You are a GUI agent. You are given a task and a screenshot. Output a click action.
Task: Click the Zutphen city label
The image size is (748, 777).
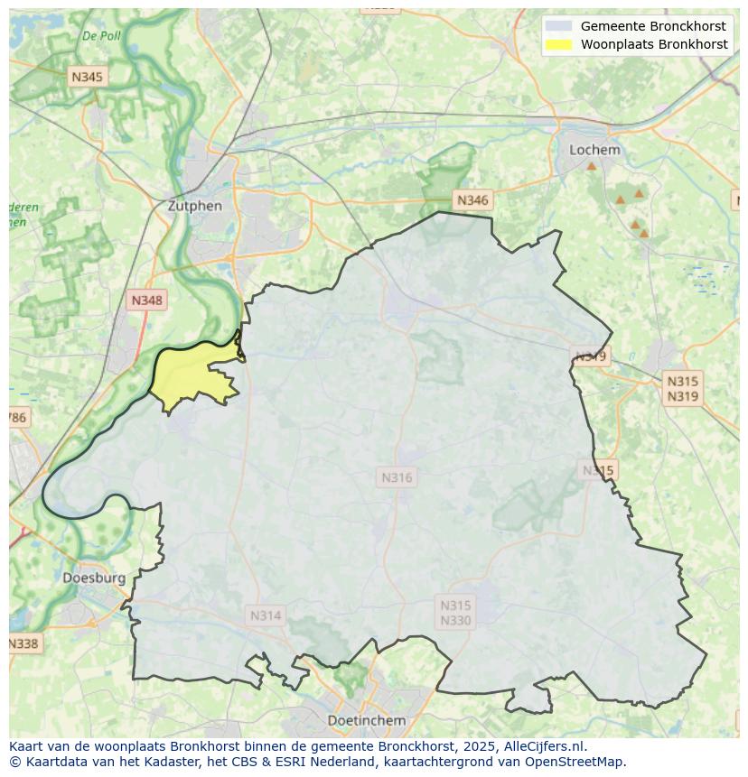coord(194,206)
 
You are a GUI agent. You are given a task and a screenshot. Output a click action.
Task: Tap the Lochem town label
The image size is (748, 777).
coord(594,150)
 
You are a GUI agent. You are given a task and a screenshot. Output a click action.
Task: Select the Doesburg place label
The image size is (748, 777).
coord(94,578)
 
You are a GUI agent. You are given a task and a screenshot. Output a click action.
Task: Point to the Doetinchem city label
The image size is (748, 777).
coord(366,720)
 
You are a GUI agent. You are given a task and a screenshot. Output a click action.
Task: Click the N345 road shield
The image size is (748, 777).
coord(87,77)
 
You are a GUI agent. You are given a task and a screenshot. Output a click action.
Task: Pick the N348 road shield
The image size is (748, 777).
coord(147,301)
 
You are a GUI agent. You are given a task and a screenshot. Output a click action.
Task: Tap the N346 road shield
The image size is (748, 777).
coord(472,200)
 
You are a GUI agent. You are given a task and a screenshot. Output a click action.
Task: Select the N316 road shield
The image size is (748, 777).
coord(397,477)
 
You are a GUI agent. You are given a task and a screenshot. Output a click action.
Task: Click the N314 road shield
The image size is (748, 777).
coord(266,615)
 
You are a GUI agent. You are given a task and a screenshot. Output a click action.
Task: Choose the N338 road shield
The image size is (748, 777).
coord(23,643)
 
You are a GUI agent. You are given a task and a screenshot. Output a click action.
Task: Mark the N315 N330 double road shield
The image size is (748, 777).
coord(455,613)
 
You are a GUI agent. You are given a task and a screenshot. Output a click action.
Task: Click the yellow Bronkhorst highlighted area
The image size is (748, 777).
coord(190,375)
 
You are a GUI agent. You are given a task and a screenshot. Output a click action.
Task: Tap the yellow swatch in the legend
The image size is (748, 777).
coord(559,44)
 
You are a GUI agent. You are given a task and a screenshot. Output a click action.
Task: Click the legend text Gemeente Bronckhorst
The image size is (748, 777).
coord(653,26)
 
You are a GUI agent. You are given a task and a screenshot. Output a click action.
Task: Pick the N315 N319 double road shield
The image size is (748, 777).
coord(682,389)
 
